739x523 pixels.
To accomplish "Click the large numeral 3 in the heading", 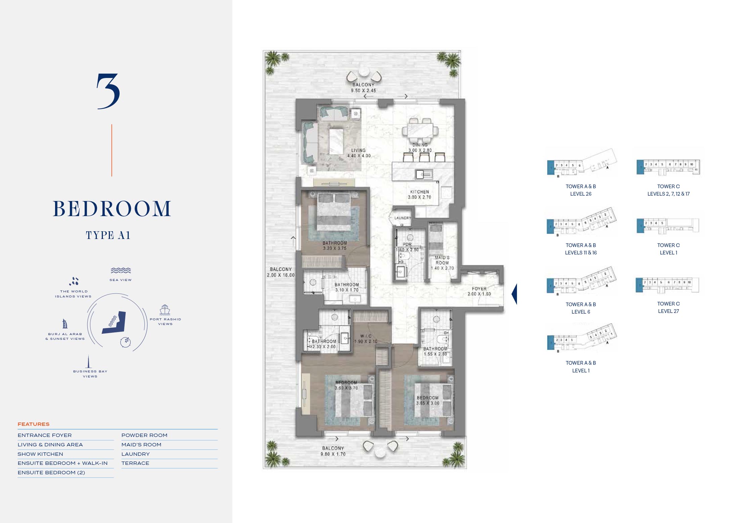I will click(x=108, y=91).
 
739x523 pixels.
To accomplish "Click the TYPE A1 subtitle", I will click(x=108, y=235).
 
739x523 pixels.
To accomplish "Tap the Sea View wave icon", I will click(x=121, y=271).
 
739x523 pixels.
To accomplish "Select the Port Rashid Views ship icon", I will click(x=165, y=310).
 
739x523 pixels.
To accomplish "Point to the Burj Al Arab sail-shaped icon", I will click(x=65, y=324).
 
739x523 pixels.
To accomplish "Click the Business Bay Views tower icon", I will click(x=89, y=362).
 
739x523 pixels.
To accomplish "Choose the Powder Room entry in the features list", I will click(x=144, y=435).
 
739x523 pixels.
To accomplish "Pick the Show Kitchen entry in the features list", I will click(x=40, y=454).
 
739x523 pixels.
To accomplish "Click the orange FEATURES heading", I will click(x=34, y=424).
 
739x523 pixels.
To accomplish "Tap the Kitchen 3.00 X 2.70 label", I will click(x=419, y=195).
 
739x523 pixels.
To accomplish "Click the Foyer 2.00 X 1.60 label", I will click(x=479, y=291).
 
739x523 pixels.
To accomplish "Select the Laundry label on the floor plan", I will click(x=402, y=218).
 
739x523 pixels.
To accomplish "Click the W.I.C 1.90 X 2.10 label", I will click(x=366, y=339).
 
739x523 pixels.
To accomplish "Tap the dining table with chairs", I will click(x=420, y=130).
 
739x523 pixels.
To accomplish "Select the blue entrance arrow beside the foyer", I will click(x=514, y=294).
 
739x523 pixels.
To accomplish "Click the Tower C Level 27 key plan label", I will click(x=668, y=308).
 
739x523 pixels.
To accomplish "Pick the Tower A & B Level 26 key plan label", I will click(x=580, y=190).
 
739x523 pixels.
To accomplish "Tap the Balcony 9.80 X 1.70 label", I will click(x=333, y=451).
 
